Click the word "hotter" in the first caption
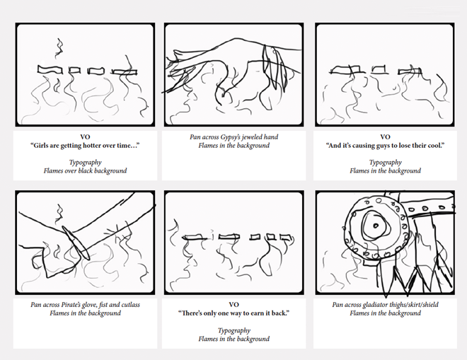click(x=92, y=146)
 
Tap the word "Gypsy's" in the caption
click(x=231, y=137)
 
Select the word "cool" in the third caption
click(x=436, y=146)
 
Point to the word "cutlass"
click(x=130, y=305)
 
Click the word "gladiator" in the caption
click(x=375, y=305)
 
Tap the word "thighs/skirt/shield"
click(x=413, y=305)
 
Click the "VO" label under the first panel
click(x=85, y=137)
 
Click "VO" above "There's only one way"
click(x=233, y=305)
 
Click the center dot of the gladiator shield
click(x=376, y=226)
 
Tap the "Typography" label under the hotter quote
click(x=85, y=163)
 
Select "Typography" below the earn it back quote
click(x=233, y=331)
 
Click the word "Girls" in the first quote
click(x=40, y=146)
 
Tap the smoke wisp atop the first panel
click(x=59, y=48)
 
